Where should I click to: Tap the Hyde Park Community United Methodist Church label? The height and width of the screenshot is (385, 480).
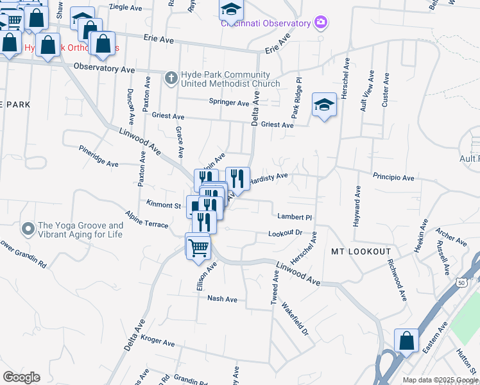(x=230, y=79)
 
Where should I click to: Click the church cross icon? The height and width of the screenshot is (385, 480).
(x=171, y=78)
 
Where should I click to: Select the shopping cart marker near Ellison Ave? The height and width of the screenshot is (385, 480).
(x=198, y=246)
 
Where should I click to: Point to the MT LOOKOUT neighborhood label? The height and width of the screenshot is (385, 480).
(x=361, y=251)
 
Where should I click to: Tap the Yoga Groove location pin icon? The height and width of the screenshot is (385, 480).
(x=28, y=228)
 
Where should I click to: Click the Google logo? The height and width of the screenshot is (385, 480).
(x=22, y=377)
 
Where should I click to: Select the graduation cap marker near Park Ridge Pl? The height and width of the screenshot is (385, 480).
(x=325, y=105)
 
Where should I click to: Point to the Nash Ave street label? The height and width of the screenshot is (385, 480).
(x=222, y=299)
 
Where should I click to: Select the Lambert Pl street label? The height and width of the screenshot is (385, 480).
(x=294, y=217)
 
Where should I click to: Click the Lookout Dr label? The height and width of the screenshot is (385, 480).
(x=285, y=233)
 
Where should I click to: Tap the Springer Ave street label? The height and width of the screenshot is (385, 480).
(x=229, y=103)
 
